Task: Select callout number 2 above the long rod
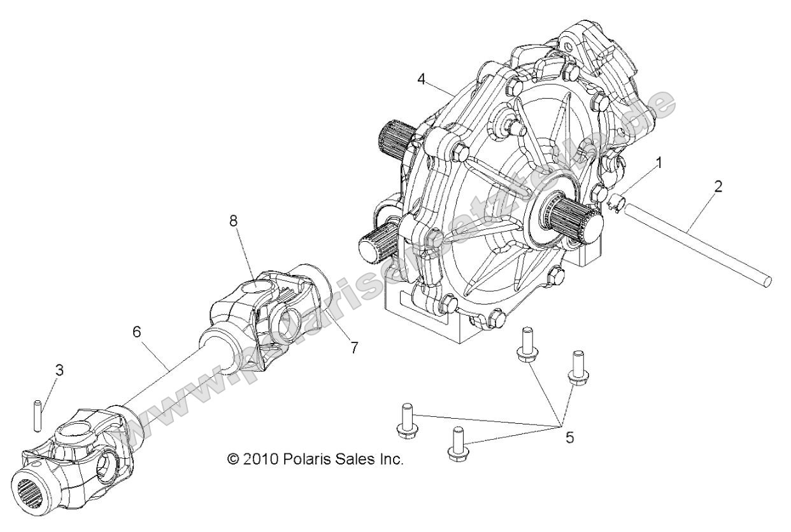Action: pos(718,187)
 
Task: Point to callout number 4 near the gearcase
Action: pos(439,80)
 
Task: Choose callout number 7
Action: pos(354,347)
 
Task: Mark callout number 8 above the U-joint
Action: pos(233,221)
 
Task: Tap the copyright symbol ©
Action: pos(234,459)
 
